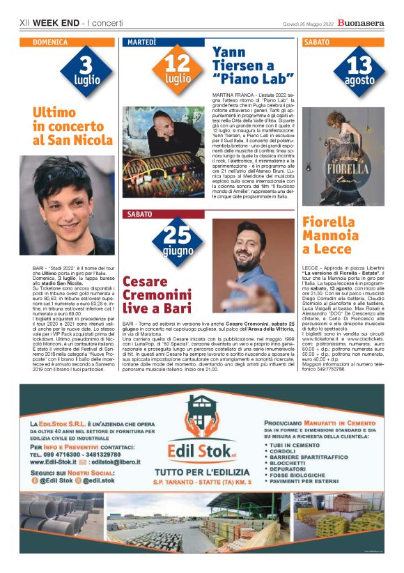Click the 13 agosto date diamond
pyautogui.click(x=359, y=72)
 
